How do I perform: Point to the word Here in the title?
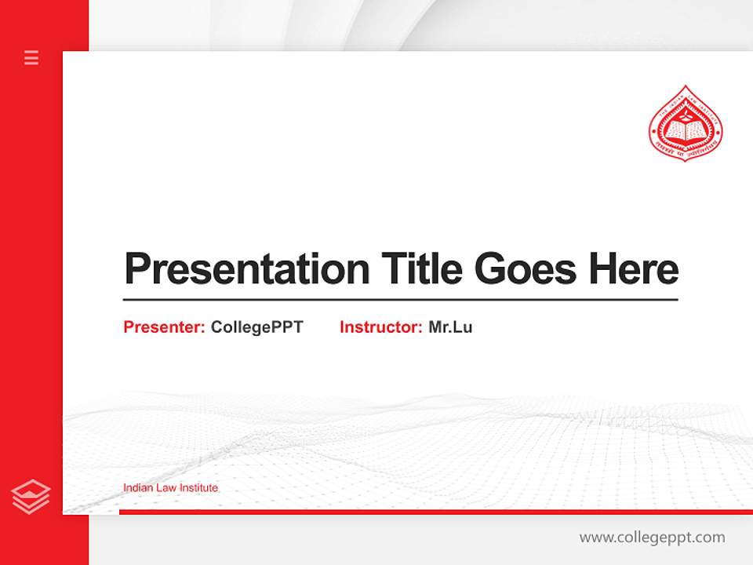tap(634, 269)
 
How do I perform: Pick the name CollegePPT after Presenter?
tap(256, 327)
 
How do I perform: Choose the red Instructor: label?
tap(381, 327)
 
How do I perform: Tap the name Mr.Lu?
tap(450, 327)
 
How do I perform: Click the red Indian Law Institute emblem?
tap(686, 125)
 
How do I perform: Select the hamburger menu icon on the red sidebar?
tap(31, 57)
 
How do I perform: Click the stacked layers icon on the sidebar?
tap(31, 497)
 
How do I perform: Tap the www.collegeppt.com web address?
tap(652, 538)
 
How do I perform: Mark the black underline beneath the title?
tap(400, 299)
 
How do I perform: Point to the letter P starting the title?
tap(136, 269)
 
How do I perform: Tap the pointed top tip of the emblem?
tap(686, 87)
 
